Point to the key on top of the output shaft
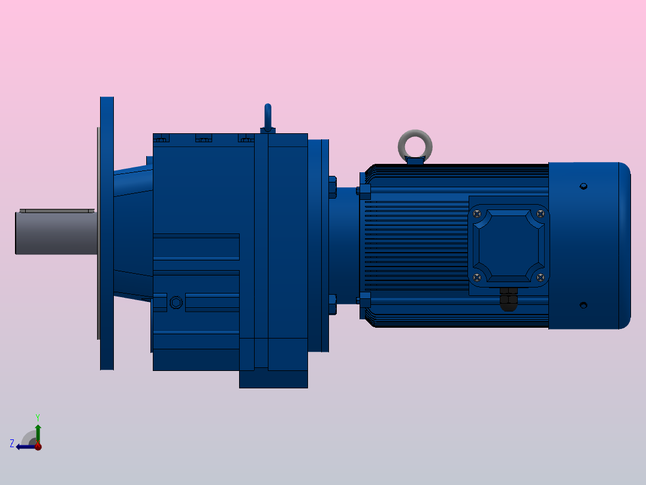56,211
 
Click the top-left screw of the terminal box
477,213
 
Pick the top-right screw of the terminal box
541,213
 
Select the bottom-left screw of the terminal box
477,277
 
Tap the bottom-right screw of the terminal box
541,277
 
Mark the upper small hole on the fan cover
583,187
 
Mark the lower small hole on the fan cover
583,306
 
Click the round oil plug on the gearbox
176,302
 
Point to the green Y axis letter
37,417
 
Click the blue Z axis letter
12,444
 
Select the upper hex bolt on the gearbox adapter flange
333,187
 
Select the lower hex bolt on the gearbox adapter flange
333,304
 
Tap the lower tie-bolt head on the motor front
364,299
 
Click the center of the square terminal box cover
509,245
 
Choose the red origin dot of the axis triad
38,446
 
